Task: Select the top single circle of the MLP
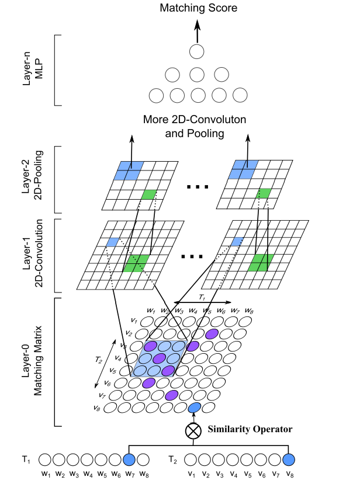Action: click(197, 51)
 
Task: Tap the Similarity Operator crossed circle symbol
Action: click(193, 431)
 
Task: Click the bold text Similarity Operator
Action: click(250, 430)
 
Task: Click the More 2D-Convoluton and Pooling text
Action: click(195, 126)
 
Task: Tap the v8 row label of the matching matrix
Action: click(96, 408)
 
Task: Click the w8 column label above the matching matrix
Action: click(250, 311)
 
